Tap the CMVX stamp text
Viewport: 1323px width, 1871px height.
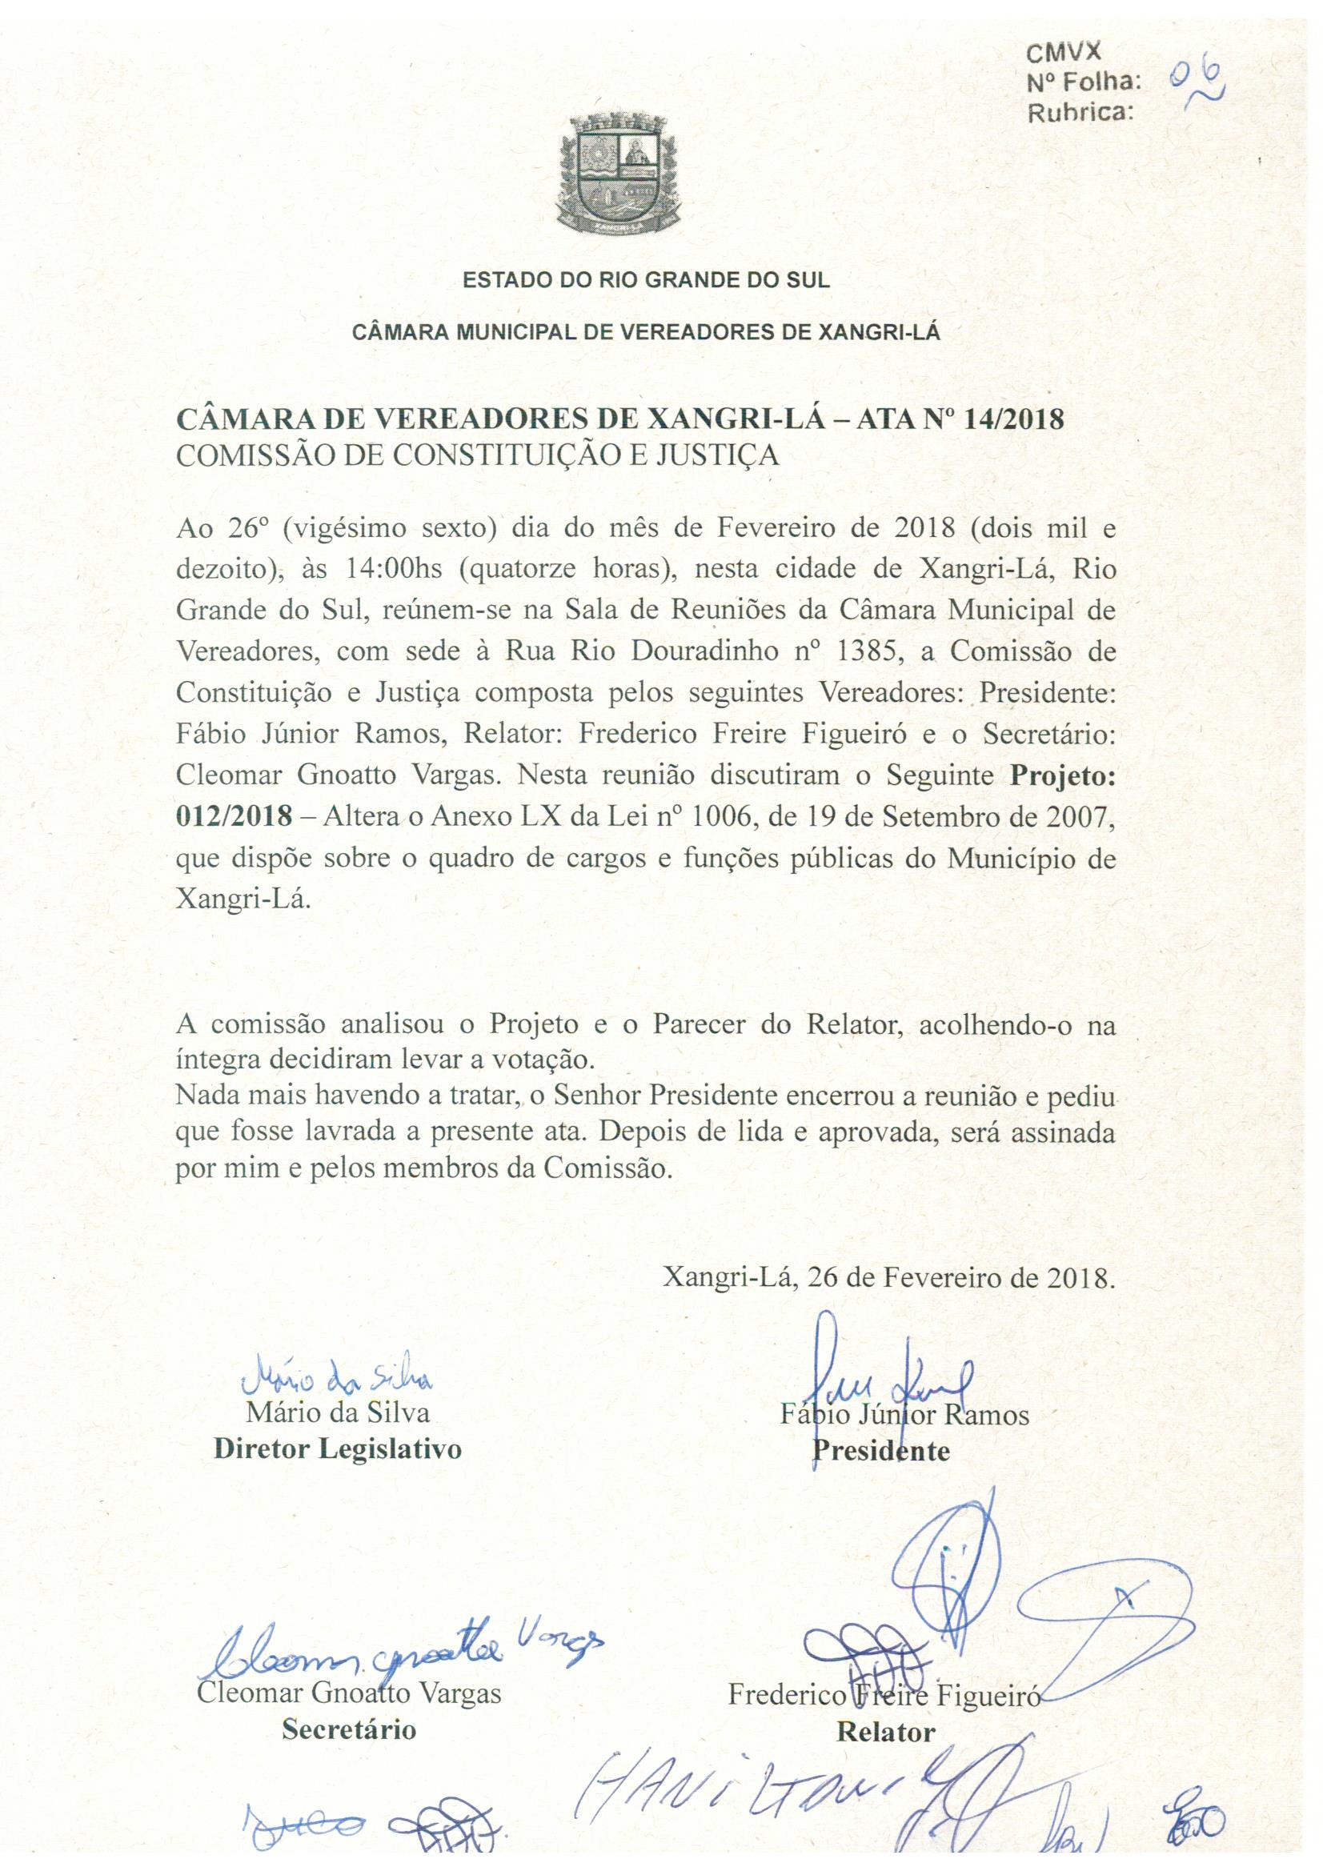pyautogui.click(x=1063, y=53)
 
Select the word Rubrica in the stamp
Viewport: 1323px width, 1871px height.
pyautogui.click(x=1080, y=115)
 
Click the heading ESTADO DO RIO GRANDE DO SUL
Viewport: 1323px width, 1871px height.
pyautogui.click(x=646, y=281)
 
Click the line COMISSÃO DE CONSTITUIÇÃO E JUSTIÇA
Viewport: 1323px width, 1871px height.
pyautogui.click(x=478, y=455)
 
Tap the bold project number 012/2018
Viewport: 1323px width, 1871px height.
pyautogui.click(x=234, y=816)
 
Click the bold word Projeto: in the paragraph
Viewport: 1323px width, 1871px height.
pyautogui.click(x=1062, y=775)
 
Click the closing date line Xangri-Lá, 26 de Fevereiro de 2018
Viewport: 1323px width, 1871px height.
pyautogui.click(x=888, y=1276)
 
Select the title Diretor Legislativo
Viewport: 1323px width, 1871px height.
pyautogui.click(x=338, y=1449)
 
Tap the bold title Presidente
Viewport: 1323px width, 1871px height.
pyautogui.click(x=880, y=1451)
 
